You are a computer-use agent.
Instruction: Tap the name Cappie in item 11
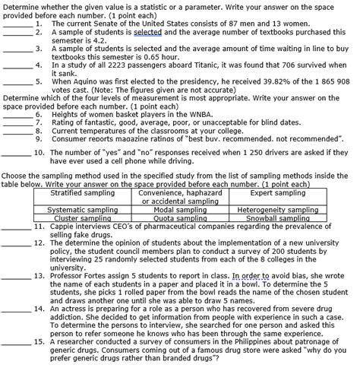(65, 226)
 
